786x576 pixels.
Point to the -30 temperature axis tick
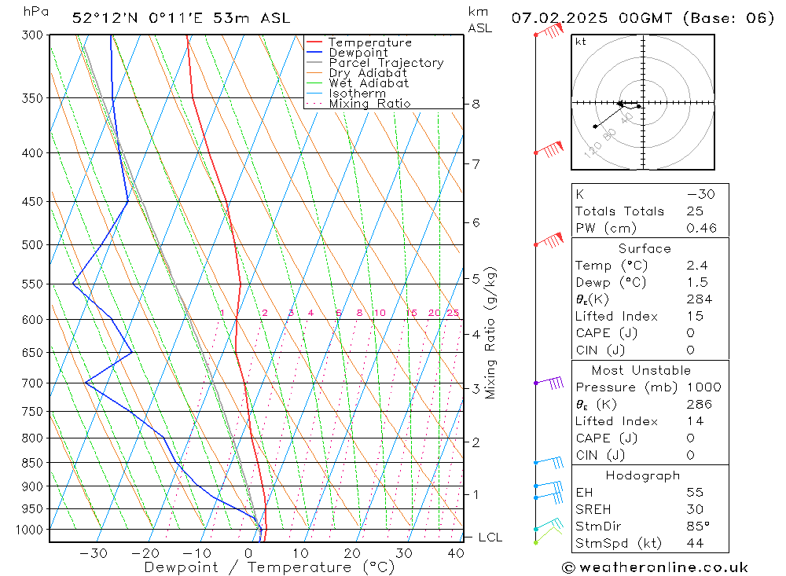tap(94, 553)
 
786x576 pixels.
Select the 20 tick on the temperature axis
tap(352, 553)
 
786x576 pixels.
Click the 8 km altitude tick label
tap(476, 104)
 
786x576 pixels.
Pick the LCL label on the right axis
tap(490, 537)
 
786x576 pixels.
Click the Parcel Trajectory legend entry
tap(385, 63)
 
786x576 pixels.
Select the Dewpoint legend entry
tap(358, 53)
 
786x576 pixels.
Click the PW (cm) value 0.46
tap(701, 229)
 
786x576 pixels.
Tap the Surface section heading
tap(645, 249)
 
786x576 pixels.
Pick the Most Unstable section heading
tap(641, 370)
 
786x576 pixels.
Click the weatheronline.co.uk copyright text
tap(655, 567)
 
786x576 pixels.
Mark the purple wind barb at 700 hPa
tap(550, 383)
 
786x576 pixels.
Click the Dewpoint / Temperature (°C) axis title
tap(269, 567)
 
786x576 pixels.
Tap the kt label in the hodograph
tap(581, 42)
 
